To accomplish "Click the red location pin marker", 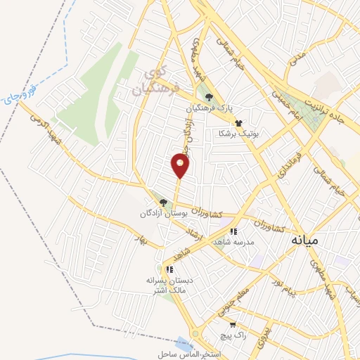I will (180, 166).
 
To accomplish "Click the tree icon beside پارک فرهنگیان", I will (207, 98).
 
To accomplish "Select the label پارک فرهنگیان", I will (209, 109).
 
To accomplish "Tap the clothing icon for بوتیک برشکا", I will (239, 122).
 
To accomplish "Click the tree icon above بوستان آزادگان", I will (163, 202).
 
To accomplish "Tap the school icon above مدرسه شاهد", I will (233, 231).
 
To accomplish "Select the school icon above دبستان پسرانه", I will (169, 269).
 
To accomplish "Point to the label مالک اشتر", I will (169, 288).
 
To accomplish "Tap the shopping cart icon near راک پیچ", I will (232, 325).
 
